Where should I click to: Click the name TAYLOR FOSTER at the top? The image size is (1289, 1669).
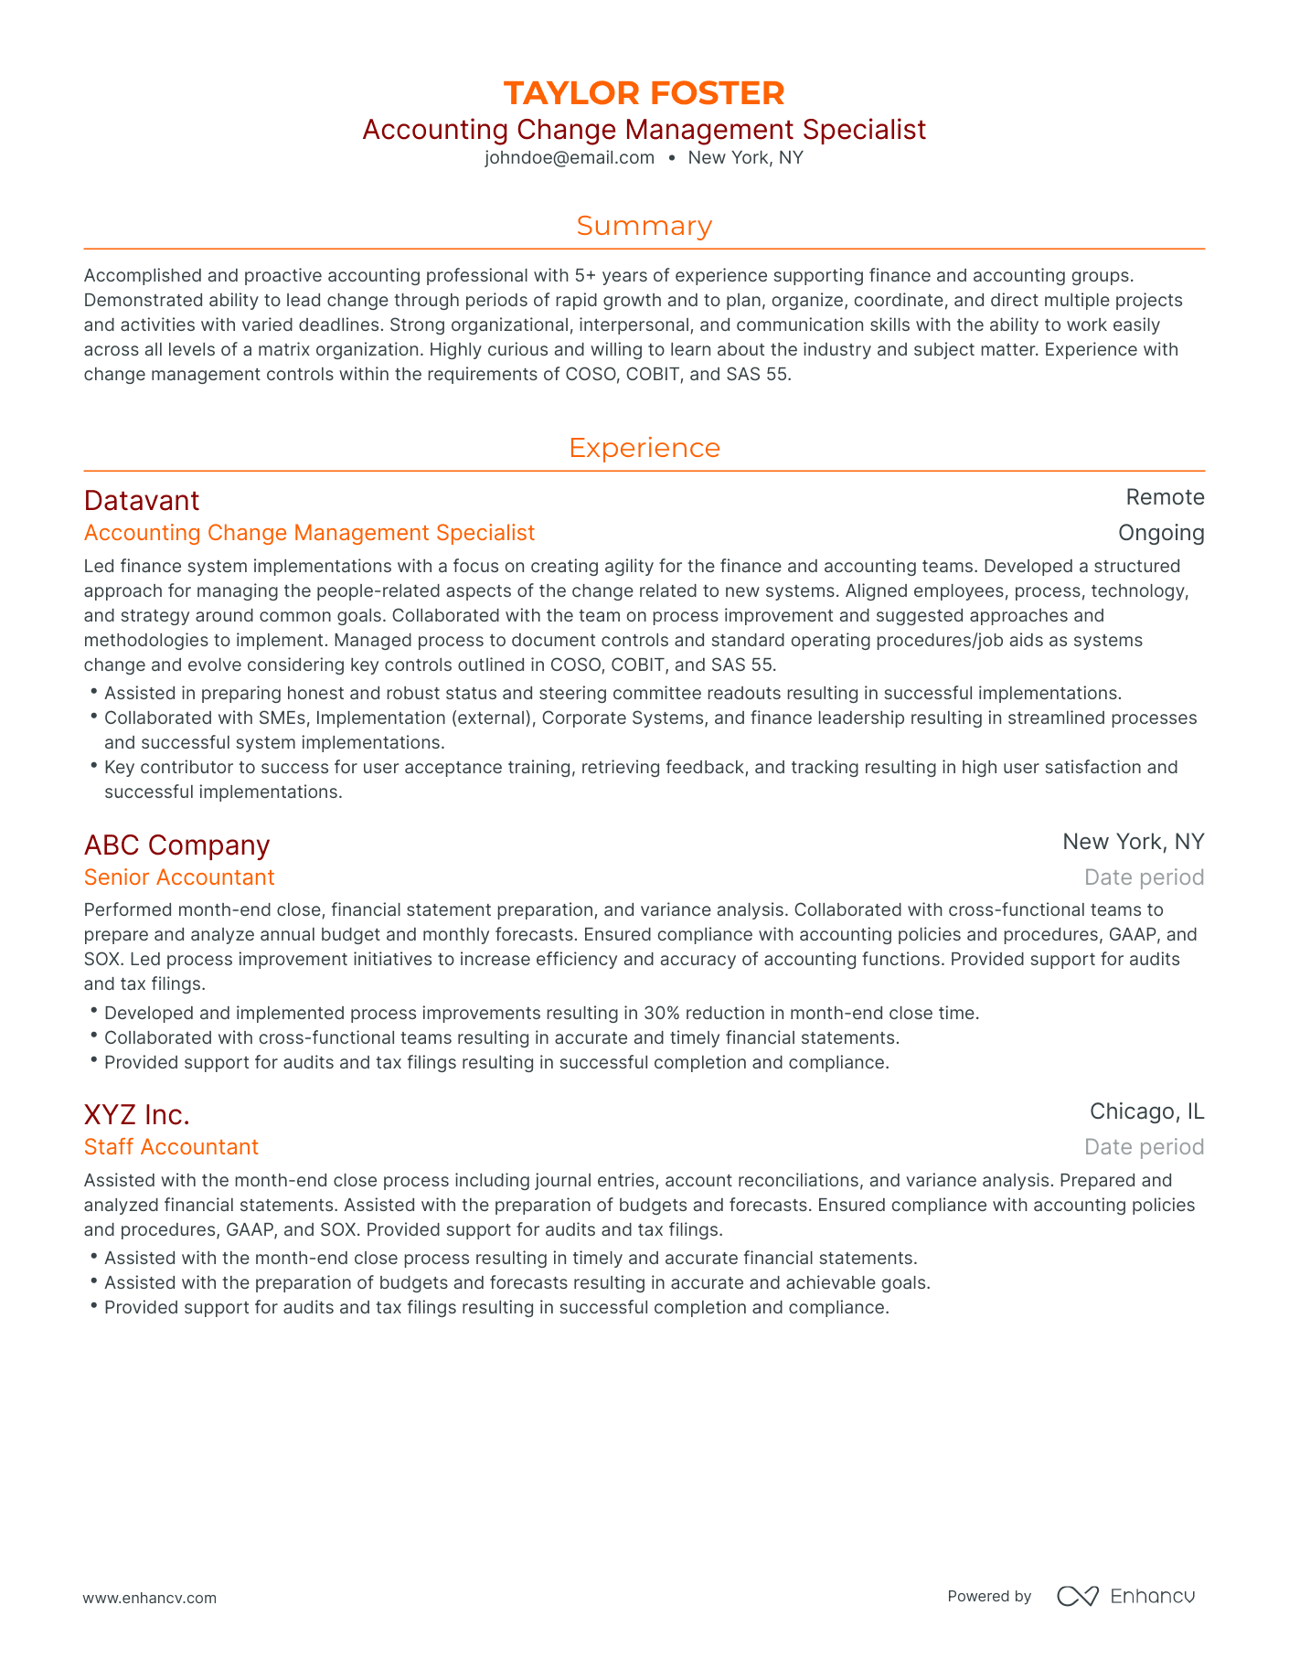click(644, 93)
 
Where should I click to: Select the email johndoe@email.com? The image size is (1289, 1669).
click(570, 157)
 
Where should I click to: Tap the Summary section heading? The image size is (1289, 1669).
click(644, 226)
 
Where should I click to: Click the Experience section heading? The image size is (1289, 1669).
click(644, 448)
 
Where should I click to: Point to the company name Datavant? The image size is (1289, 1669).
click(141, 500)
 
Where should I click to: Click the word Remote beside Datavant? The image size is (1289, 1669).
click(1165, 497)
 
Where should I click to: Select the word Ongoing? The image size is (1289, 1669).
click(1161, 533)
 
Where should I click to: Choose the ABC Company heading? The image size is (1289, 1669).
click(176, 845)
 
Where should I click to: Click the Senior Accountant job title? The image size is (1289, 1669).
click(178, 877)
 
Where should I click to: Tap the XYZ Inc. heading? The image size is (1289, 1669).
click(136, 1114)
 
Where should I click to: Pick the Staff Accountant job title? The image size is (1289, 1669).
click(171, 1147)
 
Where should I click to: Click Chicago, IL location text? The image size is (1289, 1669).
click(1146, 1111)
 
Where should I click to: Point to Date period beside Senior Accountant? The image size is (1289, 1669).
click(1144, 877)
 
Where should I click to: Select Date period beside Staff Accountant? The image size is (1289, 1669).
click(1144, 1147)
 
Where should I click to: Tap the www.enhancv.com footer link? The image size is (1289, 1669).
click(149, 1598)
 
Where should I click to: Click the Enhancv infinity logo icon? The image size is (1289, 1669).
click(1077, 1596)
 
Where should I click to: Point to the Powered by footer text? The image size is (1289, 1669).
click(989, 1597)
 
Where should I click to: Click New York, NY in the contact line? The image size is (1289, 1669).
click(745, 157)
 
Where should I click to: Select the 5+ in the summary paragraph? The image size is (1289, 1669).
click(585, 275)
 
